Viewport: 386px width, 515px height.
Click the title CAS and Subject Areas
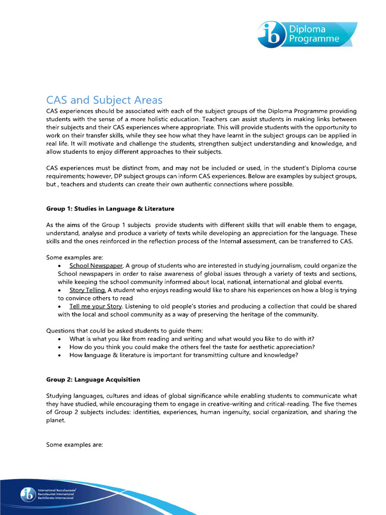coord(105,100)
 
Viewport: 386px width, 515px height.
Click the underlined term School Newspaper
coord(96,266)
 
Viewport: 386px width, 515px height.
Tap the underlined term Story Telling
coord(87,290)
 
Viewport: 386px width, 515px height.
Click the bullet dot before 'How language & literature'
coord(60,355)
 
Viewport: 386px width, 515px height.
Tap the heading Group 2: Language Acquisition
coord(93,379)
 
